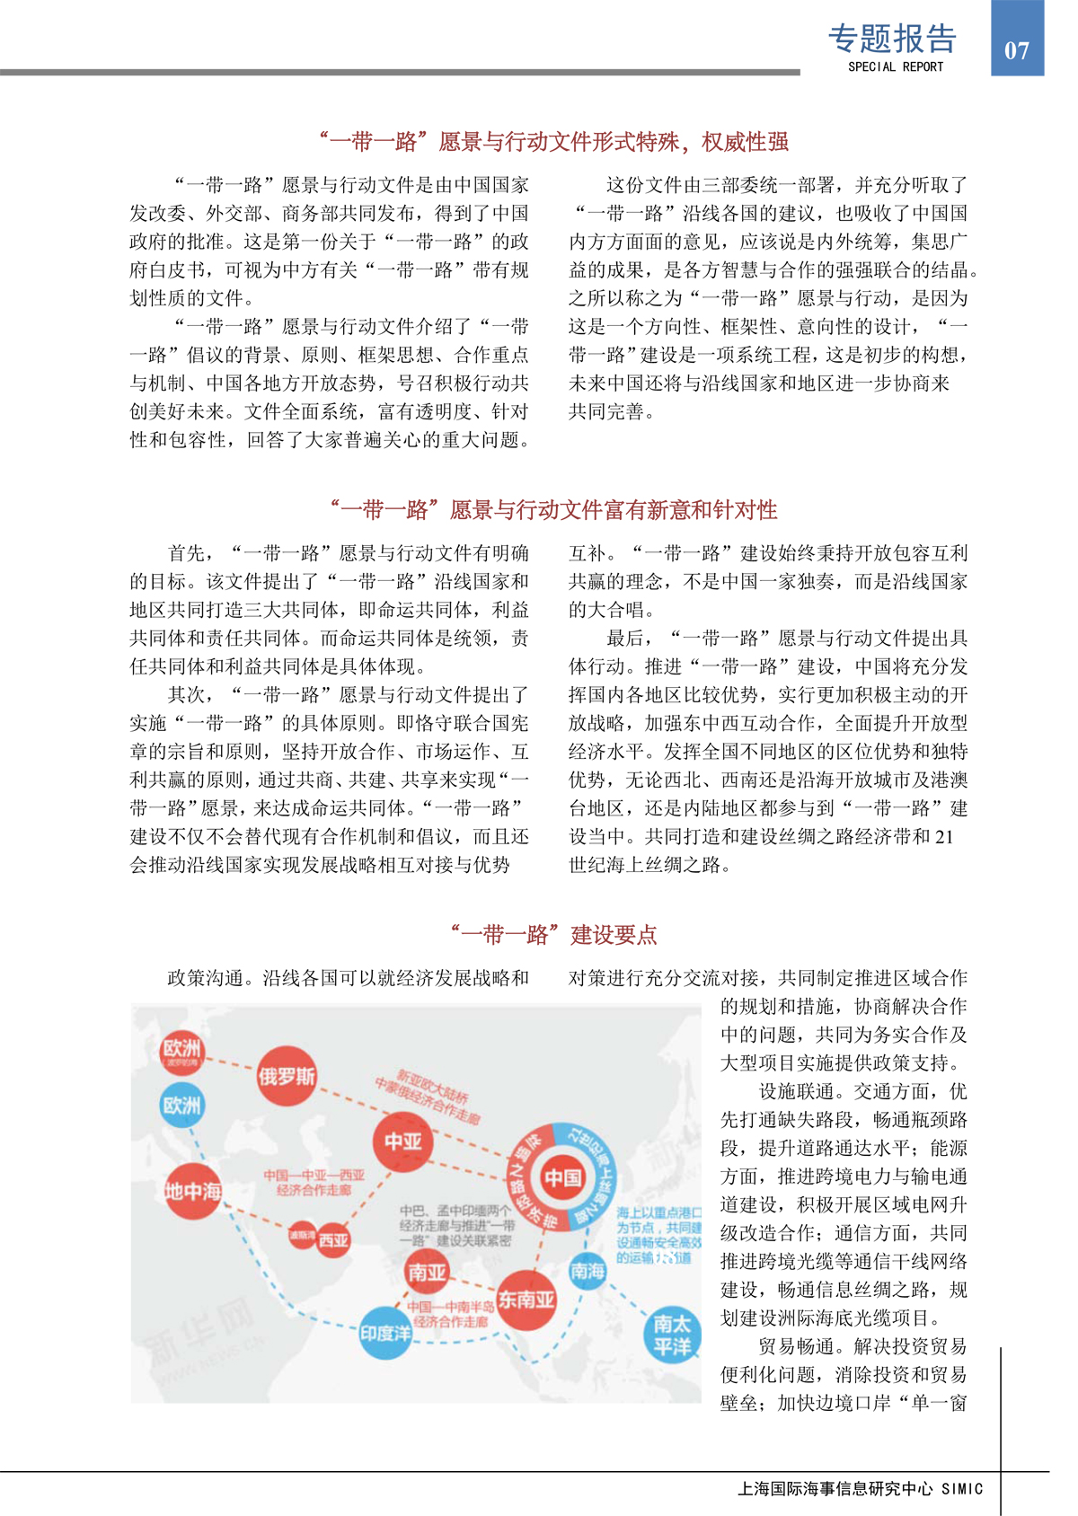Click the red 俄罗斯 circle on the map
coord(287,1075)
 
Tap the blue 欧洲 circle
coord(181,1105)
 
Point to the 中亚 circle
coord(402,1141)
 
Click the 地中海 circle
coord(192,1191)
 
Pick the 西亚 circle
coord(333,1240)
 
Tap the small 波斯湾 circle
coord(302,1235)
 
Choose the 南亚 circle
coord(427,1272)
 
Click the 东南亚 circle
coord(526,1299)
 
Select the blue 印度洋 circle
coord(385,1333)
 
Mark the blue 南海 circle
coord(588,1270)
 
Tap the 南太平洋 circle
coord(672,1335)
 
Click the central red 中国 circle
coord(563,1177)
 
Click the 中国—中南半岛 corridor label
coord(451,1314)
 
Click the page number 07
coord(1016,50)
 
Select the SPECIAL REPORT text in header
coord(895,66)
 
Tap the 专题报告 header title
coord(892,39)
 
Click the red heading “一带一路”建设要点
coord(554,935)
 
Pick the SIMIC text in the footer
coord(962,1489)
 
